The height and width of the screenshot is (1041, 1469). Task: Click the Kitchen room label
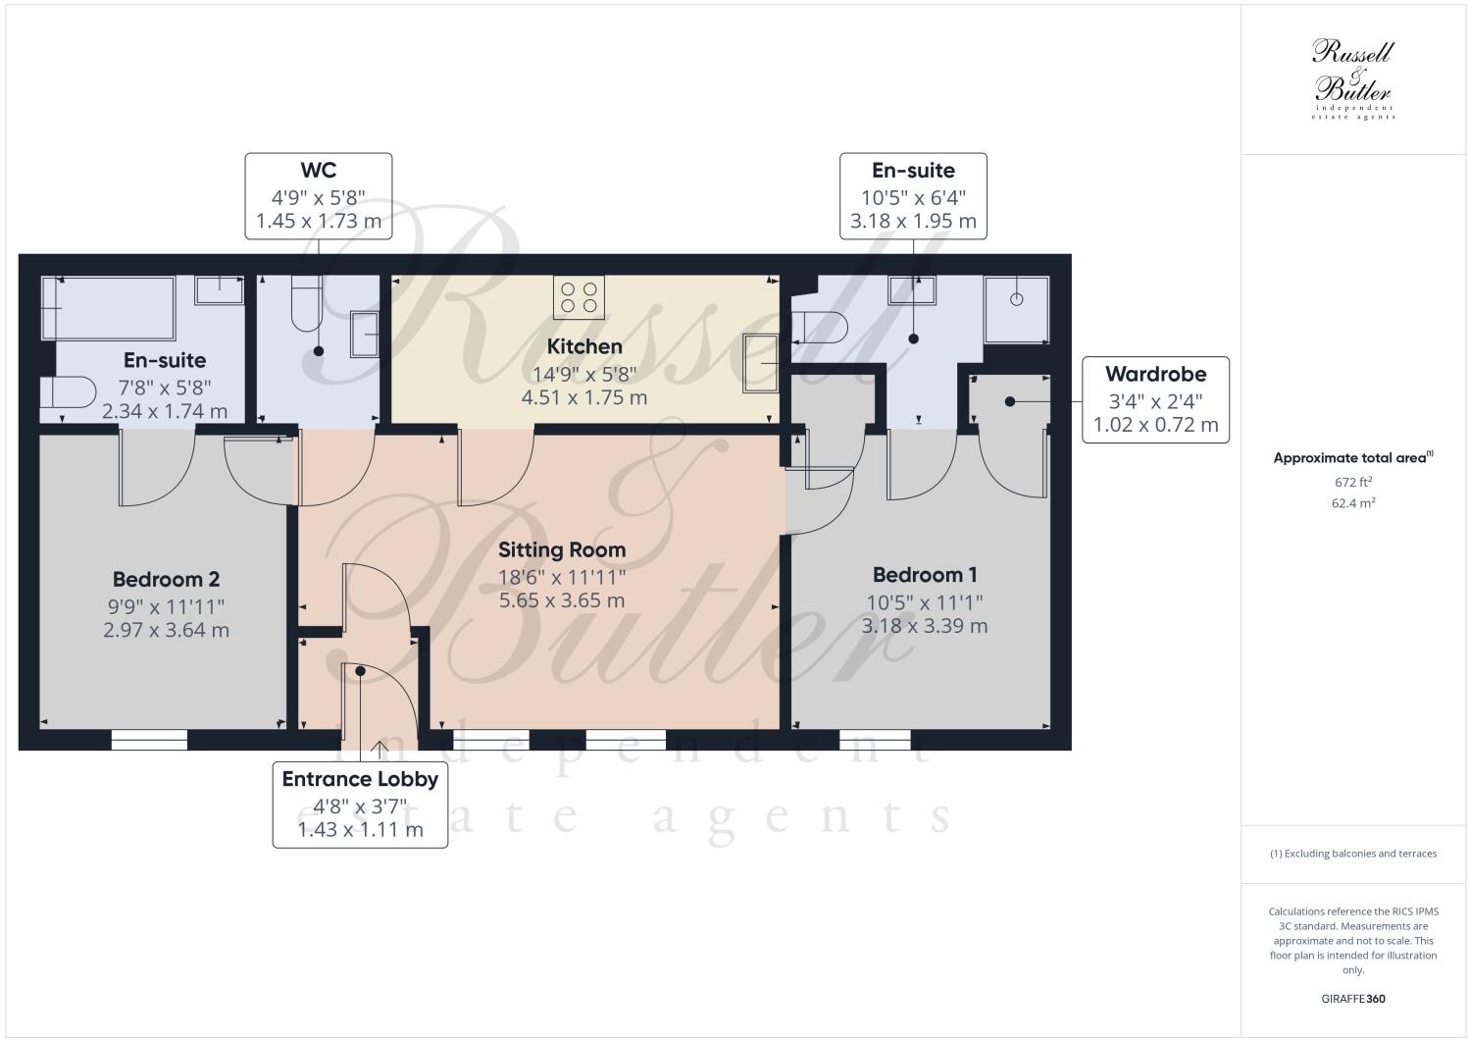[584, 346]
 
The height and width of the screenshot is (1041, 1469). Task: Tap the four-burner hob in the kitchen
[579, 298]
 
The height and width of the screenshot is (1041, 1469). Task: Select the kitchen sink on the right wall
[761, 363]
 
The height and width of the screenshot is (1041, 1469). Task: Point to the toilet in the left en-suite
[65, 391]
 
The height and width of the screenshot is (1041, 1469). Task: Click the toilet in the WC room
[306, 305]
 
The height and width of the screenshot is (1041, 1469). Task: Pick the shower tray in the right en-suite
[1017, 309]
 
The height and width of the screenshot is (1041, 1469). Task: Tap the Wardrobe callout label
[1155, 374]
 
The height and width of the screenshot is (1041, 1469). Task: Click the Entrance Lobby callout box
[360, 804]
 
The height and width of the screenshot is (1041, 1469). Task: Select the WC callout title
[318, 170]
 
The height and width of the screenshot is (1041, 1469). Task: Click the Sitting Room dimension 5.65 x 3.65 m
[561, 600]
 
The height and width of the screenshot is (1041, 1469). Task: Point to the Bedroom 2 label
[166, 579]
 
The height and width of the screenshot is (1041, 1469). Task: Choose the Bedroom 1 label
[925, 575]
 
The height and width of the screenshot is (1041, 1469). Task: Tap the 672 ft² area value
[1352, 482]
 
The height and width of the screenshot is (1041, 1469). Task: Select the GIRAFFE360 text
[1352, 999]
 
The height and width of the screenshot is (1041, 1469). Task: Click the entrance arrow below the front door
[380, 750]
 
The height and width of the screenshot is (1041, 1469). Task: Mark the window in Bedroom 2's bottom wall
[149, 740]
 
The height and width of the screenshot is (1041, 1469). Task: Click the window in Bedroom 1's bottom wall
[875, 740]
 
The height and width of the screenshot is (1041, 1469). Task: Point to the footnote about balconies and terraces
[1352, 854]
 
